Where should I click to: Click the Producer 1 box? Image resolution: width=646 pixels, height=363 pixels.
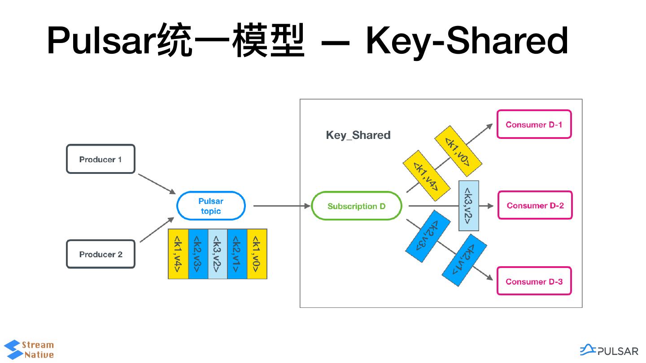point(100,159)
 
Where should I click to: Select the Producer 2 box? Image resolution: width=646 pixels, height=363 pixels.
point(100,254)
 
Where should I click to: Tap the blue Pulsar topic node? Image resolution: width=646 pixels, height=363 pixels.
point(211,206)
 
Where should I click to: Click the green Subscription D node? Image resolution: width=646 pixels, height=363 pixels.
point(357,206)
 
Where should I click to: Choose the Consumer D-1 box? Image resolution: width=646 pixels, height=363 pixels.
point(534,125)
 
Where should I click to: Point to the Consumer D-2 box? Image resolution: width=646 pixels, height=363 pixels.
point(535,206)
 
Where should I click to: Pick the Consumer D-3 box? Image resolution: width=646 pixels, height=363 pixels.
point(534,281)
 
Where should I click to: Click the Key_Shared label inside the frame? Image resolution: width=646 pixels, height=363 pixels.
point(358,135)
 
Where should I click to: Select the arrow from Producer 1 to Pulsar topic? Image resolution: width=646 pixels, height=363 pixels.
point(157,184)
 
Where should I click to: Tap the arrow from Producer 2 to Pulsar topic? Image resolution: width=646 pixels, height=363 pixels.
point(157,229)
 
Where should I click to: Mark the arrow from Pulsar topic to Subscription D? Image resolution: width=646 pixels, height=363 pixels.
point(282,206)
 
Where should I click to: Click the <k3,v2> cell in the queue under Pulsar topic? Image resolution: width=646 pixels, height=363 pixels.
point(218,254)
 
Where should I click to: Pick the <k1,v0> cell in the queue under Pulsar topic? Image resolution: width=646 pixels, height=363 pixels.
point(257,254)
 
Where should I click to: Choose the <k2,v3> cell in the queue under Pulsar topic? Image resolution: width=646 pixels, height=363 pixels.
point(198,254)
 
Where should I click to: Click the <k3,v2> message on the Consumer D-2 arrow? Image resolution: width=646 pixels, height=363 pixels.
point(469,206)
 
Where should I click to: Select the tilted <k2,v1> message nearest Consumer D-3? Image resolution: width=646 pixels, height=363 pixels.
point(465,260)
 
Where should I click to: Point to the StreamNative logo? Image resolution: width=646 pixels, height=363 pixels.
point(29,350)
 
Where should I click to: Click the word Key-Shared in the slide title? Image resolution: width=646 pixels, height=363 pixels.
point(467,41)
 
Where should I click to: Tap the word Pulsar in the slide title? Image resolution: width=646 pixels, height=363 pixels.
point(101,41)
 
